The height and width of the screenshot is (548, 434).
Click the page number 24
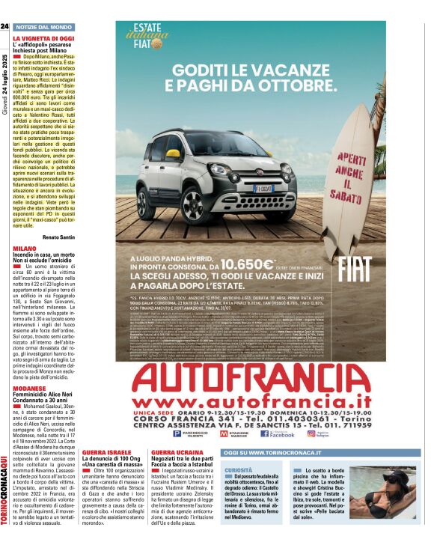click(x=4, y=26)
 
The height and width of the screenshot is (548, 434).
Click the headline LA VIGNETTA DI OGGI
click(x=43, y=37)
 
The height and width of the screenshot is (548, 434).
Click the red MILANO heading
click(x=24, y=247)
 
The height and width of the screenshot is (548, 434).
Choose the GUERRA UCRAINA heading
click(x=177, y=453)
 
